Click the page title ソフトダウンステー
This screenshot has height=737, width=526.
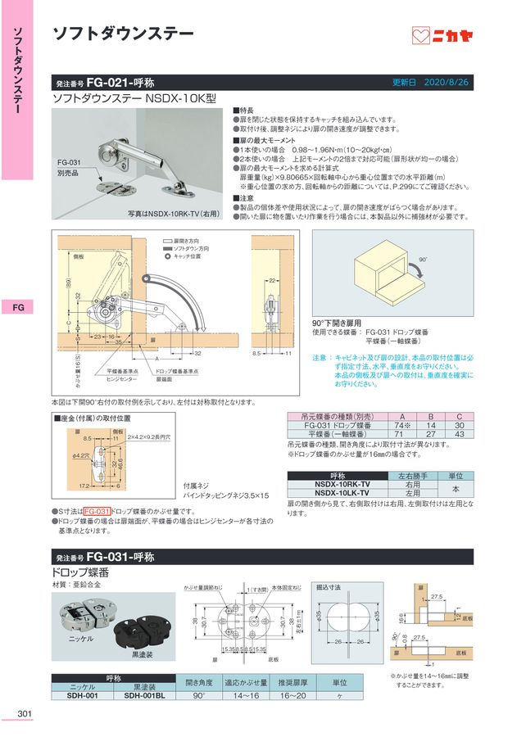pyautogui.click(x=123, y=34)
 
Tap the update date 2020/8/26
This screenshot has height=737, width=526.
pyautogui.click(x=447, y=84)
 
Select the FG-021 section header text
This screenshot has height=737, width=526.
pyautogui.click(x=110, y=84)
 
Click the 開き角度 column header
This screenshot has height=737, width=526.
pyautogui.click(x=199, y=681)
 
